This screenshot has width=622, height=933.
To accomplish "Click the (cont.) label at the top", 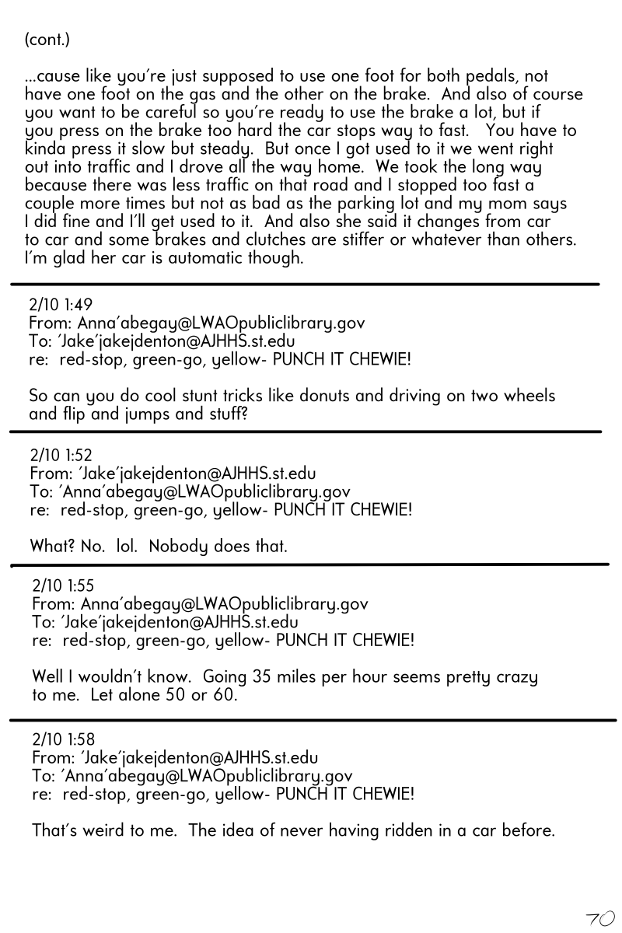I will click(47, 39).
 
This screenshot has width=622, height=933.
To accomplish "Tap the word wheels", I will click(529, 396).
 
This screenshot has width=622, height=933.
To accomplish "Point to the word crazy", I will click(515, 678).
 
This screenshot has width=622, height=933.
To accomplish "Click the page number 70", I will click(600, 918).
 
